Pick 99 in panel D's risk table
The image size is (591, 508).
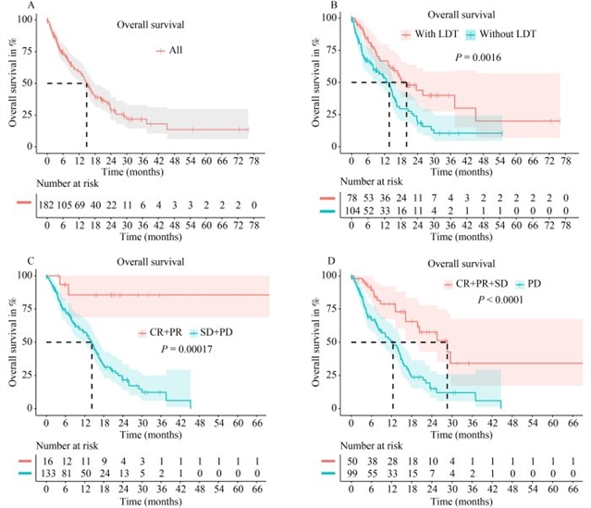tap(352, 474)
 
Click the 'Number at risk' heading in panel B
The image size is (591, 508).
tap(374, 182)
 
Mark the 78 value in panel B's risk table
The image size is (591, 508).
tap(352, 198)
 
